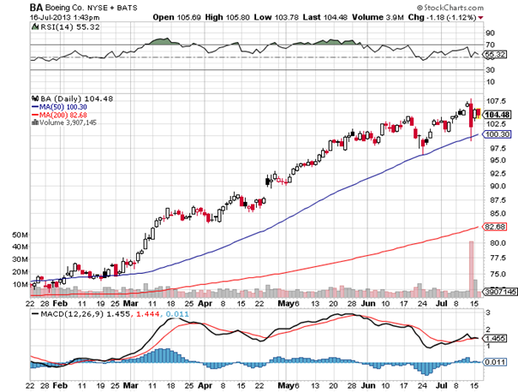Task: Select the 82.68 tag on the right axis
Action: (497, 227)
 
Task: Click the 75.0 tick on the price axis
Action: (495, 274)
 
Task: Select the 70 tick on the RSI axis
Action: (490, 43)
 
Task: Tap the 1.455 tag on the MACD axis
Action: (496, 339)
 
